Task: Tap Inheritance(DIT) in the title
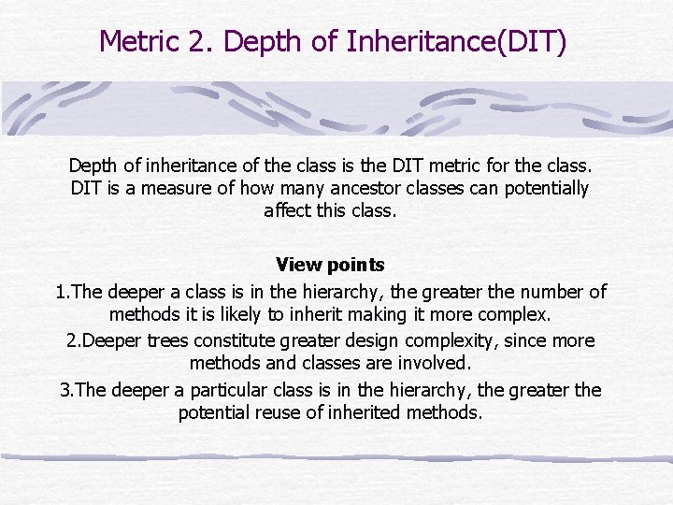coord(455,41)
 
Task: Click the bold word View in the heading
coord(297,266)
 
